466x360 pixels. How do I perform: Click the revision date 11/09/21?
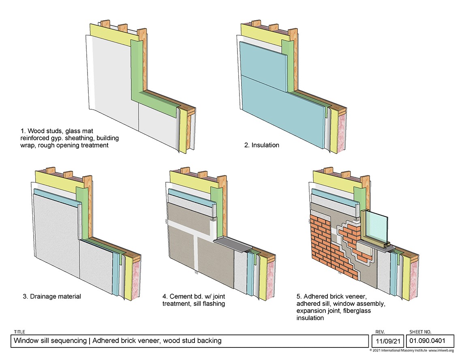click(387, 341)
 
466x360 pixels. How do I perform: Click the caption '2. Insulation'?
click(261, 145)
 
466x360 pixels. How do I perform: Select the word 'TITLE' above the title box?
click(19, 332)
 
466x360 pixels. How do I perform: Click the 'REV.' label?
click(376, 332)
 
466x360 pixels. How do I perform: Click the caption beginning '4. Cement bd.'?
click(197, 300)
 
